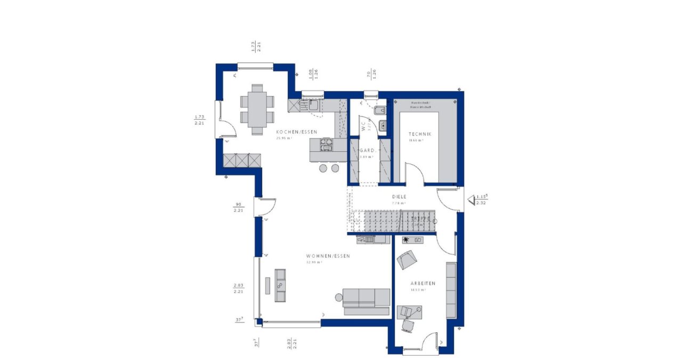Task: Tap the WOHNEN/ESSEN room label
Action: (328, 256)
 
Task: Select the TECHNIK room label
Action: (419, 134)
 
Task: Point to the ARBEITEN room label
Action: (423, 283)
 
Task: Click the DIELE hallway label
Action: (400, 197)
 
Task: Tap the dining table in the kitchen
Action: (257, 109)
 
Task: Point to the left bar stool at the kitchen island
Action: (323, 168)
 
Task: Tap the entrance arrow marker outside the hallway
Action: (472, 200)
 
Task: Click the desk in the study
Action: (409, 312)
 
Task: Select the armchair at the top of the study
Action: (408, 259)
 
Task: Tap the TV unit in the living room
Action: (280, 285)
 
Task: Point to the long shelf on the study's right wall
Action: (451, 290)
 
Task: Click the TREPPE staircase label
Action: (419, 219)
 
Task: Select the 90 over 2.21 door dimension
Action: (238, 207)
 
